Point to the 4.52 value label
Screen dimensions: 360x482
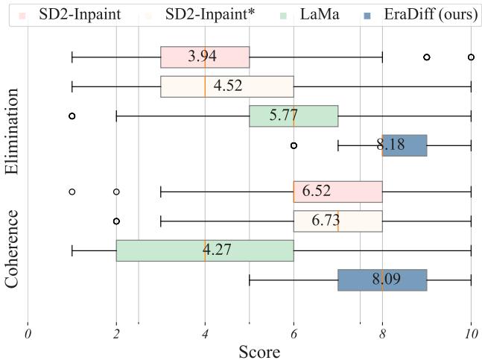228,86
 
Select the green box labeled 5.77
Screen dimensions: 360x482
294,116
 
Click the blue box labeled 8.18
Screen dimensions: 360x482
405,145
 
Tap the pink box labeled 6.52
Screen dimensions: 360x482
337,192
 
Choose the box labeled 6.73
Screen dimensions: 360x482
337,221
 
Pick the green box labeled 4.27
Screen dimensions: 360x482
205,250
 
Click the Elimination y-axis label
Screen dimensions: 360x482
13,131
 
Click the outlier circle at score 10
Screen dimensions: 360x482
471,57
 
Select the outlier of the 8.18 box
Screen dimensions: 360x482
294,145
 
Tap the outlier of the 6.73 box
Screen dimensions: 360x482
116,221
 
